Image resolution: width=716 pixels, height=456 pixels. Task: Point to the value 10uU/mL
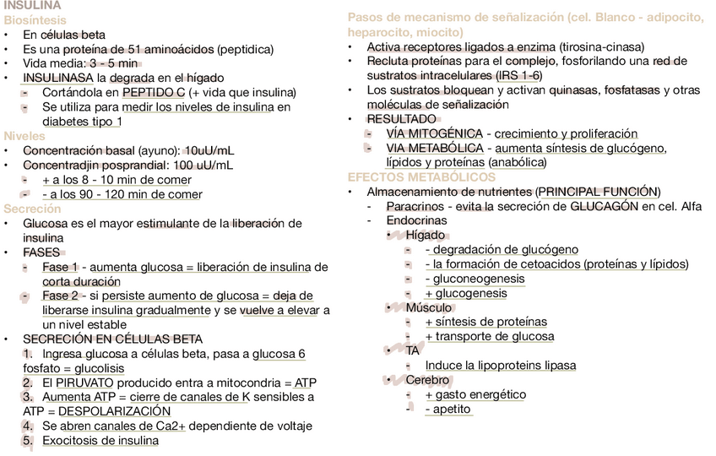tap(209, 150)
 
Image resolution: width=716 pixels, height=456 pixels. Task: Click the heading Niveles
tap(24, 136)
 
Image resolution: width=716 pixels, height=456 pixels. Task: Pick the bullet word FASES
tap(41, 252)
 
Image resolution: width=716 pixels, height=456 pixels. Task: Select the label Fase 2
tap(60, 296)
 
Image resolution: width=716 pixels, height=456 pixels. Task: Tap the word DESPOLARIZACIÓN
tap(114, 411)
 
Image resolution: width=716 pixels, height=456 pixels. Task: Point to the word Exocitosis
tap(74, 440)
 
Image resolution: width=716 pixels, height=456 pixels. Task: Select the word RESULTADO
tap(401, 119)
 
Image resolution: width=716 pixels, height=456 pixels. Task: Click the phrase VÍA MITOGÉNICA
tap(434, 133)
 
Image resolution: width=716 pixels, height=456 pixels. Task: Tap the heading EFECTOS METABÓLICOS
tap(421, 177)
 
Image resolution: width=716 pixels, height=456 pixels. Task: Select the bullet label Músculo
tap(428, 307)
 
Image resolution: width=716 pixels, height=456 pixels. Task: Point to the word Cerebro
tap(429, 380)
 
